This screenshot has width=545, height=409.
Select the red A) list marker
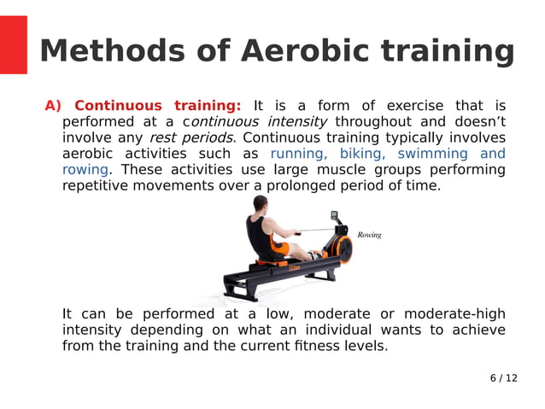click(54, 106)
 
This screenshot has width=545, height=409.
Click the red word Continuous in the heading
click(118, 106)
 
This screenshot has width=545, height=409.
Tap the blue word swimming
click(433, 154)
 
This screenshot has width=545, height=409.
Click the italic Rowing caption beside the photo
click(369, 235)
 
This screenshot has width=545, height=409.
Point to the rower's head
click(263, 205)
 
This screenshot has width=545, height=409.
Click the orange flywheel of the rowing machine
click(341, 248)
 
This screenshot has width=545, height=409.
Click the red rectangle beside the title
click(13, 44)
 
